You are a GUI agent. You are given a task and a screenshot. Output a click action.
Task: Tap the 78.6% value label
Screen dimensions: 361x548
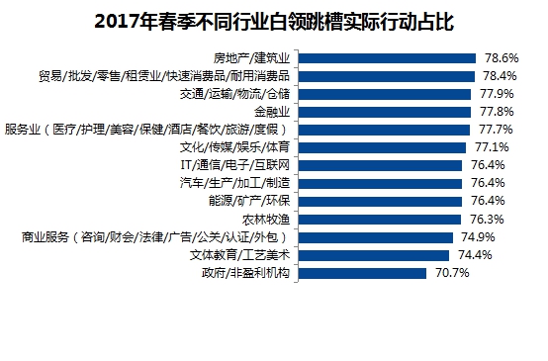pyautogui.click(x=498, y=57)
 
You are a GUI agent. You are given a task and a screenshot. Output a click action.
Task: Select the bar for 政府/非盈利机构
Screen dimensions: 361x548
pyautogui.click(x=362, y=273)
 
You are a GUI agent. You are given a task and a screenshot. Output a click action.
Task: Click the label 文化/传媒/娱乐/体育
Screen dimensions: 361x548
pyautogui.click(x=238, y=147)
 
